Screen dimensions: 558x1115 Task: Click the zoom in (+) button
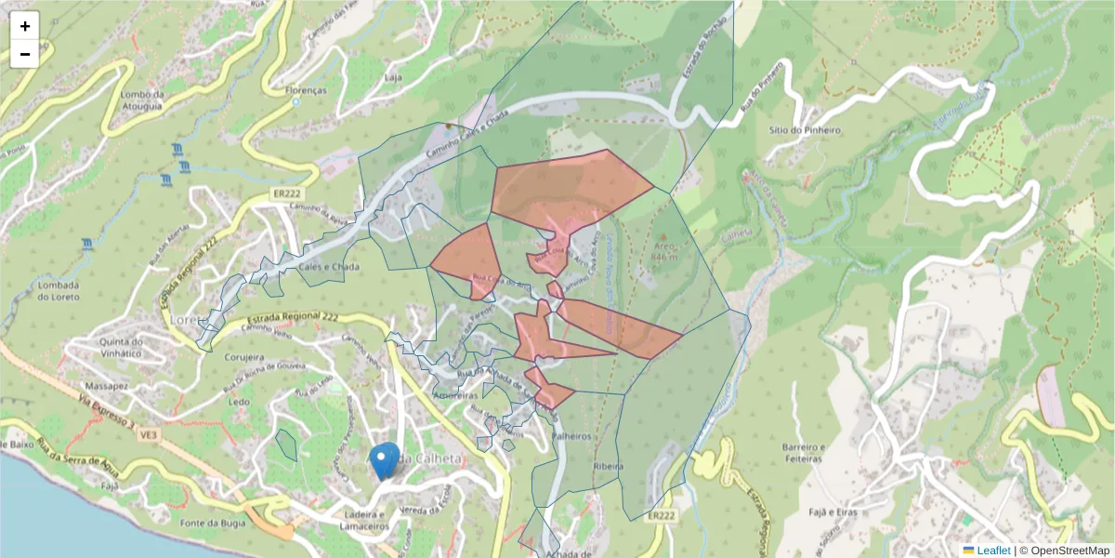pos(25,26)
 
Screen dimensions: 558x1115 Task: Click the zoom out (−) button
pos(25,54)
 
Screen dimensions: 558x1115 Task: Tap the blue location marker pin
pos(384,460)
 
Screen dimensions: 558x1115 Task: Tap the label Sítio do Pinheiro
pos(805,130)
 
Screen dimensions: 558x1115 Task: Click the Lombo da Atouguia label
pos(142,100)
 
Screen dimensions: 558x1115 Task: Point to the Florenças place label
pos(307,91)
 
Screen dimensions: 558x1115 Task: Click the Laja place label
pos(393,77)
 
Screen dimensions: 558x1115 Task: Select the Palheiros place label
pos(572,435)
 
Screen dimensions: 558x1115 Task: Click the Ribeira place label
pos(606,465)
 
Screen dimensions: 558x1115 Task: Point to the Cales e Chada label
pos(329,266)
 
